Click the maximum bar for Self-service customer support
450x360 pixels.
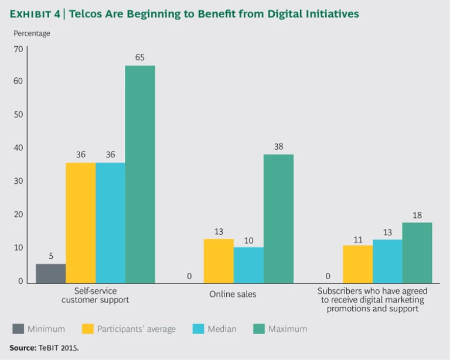coord(140,174)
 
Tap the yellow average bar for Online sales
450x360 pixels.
coord(219,261)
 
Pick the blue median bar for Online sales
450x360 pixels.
coord(248,265)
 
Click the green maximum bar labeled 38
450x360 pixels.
coord(278,219)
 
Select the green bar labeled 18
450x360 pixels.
coord(417,253)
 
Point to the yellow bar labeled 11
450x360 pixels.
coord(357,265)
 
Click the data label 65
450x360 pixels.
coord(140,58)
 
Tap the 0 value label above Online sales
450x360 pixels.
coord(189,276)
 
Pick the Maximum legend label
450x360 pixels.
coord(287,329)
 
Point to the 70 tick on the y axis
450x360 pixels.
coord(18,49)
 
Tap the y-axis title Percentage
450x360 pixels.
coord(32,33)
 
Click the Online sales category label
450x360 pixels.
coord(233,294)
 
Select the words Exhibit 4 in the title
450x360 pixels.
coord(35,13)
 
